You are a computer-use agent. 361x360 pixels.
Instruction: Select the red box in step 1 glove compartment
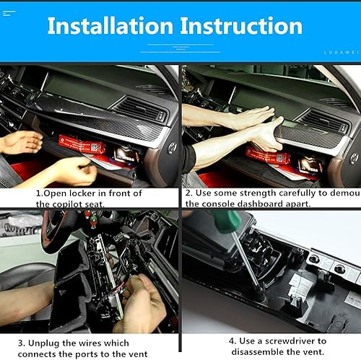click(83, 146)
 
